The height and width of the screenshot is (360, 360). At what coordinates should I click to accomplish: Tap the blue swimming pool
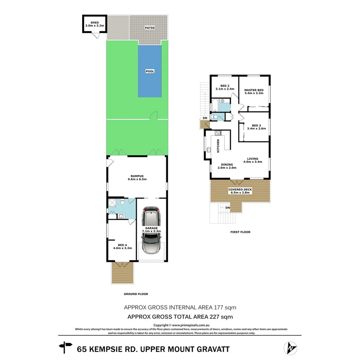[x=150, y=71]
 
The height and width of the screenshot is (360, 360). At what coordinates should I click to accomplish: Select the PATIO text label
[x=149, y=27]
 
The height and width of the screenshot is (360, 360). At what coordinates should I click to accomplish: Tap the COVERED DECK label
[x=240, y=190]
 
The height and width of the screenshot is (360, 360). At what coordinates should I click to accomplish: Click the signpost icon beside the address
[x=66, y=348]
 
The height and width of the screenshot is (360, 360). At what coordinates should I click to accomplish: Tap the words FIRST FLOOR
[x=240, y=232]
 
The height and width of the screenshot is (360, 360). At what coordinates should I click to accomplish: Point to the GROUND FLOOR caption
[x=136, y=294]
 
